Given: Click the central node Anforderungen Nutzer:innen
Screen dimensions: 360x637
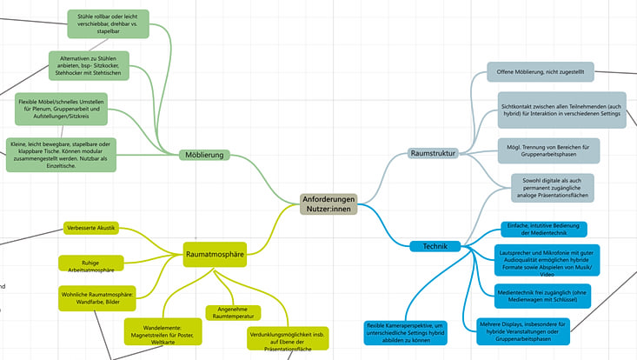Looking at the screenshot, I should coord(328,205).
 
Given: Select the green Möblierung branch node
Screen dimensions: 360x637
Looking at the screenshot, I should coord(205,155).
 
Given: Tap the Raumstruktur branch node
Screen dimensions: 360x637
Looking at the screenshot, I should coord(434,154).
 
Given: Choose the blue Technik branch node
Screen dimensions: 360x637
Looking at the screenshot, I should coord(435,246).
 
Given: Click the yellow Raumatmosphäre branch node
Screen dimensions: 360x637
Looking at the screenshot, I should coord(215,254).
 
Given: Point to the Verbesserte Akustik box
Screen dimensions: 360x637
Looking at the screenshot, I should coord(90,229).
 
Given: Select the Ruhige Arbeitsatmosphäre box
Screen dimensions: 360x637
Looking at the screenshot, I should coord(91,264).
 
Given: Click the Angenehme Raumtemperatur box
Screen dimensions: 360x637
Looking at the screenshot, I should coord(233,312).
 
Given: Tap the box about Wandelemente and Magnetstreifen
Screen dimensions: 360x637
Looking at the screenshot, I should coord(163,334).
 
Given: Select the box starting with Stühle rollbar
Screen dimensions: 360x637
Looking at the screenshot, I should coord(108,23).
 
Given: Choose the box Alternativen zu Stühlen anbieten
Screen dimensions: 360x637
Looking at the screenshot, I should coord(90,67).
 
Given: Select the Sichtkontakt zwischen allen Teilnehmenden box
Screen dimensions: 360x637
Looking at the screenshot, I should coord(561,110).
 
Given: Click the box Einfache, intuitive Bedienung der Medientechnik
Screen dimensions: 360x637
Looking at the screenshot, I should coord(542,229).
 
